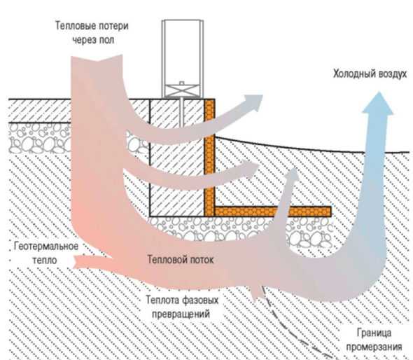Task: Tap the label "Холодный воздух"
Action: pos(370,74)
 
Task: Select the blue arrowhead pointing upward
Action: pos(379,104)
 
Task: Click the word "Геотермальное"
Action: pos(46,246)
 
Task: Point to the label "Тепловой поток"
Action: pos(180,260)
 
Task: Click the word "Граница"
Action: pos(374,333)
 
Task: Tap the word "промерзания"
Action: pos(374,347)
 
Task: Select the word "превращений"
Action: pos(181,314)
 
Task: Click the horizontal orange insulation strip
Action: pos(272,212)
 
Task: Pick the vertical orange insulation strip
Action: pos(209,158)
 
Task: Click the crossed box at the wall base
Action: pos(181,90)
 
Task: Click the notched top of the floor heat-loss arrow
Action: pos(97,60)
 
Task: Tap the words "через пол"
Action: pos(93,40)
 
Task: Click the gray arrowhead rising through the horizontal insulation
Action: pos(292,176)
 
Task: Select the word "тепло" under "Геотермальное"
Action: pos(45,261)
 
